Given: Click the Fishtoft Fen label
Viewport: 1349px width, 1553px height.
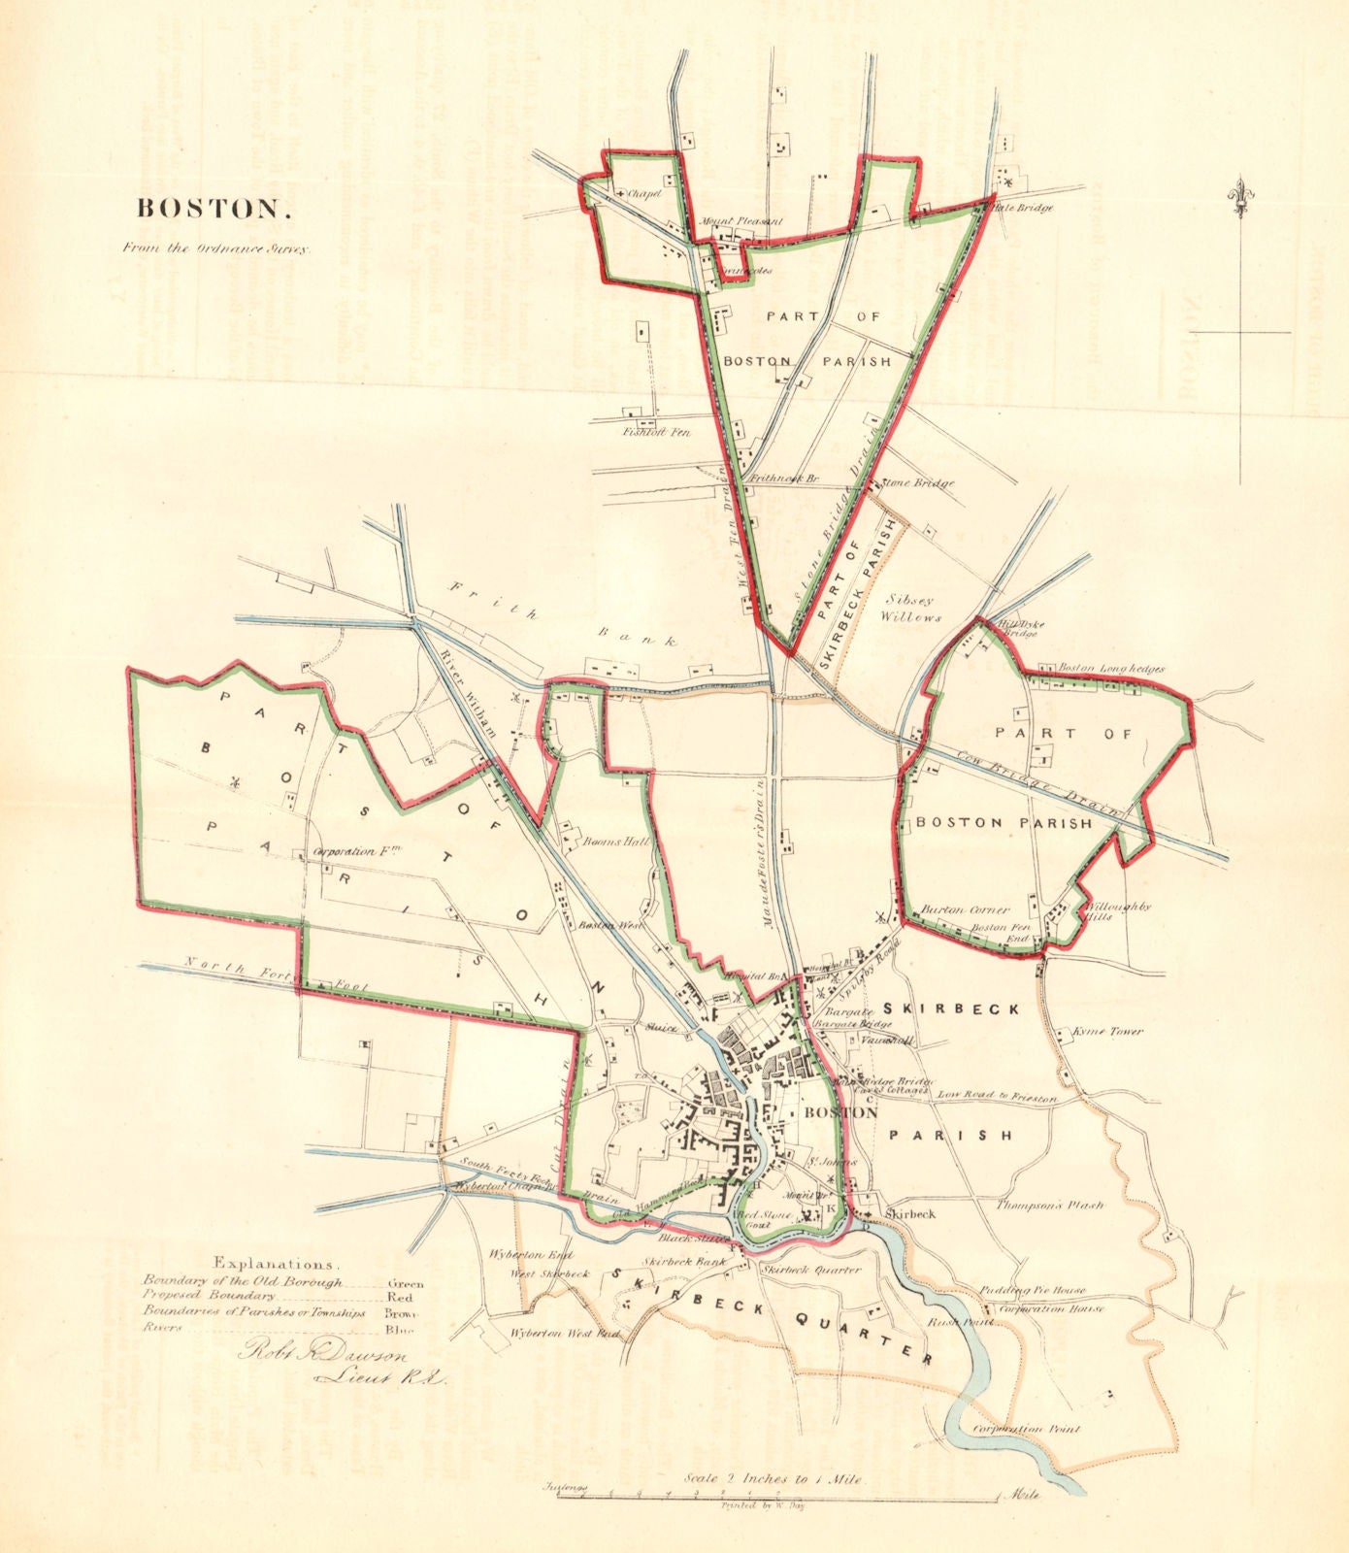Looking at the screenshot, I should [656, 432].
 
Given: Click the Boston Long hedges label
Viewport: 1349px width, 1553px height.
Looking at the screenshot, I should [1110, 669].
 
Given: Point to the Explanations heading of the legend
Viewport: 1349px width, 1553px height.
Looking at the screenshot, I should [277, 1264].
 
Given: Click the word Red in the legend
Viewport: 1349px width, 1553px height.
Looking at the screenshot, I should [400, 1297].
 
